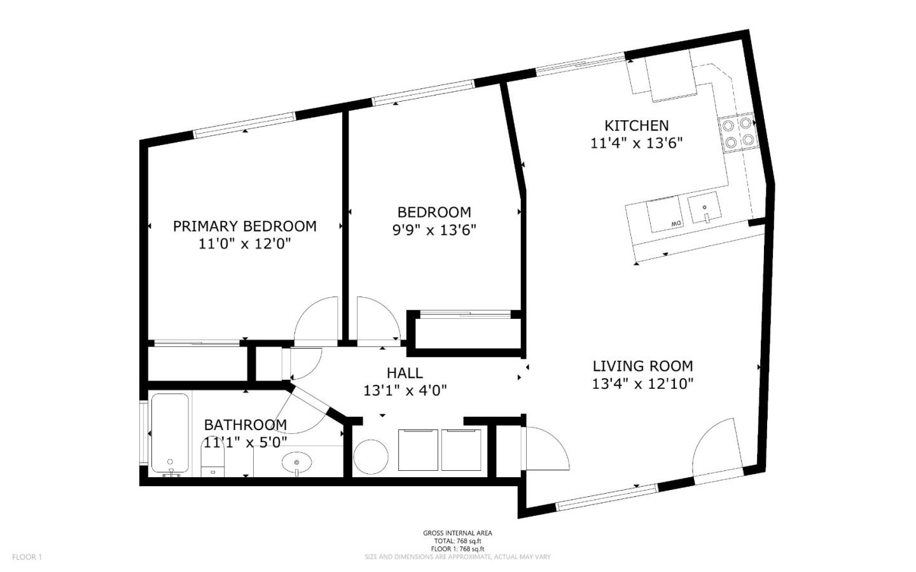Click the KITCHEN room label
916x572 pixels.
click(636, 125)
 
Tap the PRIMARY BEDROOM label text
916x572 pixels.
click(244, 227)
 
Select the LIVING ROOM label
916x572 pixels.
click(643, 366)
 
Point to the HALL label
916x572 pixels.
click(405, 373)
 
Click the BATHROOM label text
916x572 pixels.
click(246, 425)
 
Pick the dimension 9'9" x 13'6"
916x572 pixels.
click(434, 230)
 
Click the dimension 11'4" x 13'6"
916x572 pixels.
click(637, 143)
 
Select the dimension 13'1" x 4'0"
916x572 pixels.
click(405, 391)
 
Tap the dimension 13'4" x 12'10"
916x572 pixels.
click(643, 384)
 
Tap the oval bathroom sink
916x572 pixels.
click(297, 463)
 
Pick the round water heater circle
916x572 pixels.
click(370, 457)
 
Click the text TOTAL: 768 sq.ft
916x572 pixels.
click(457, 541)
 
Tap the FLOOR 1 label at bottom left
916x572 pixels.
click(27, 557)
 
